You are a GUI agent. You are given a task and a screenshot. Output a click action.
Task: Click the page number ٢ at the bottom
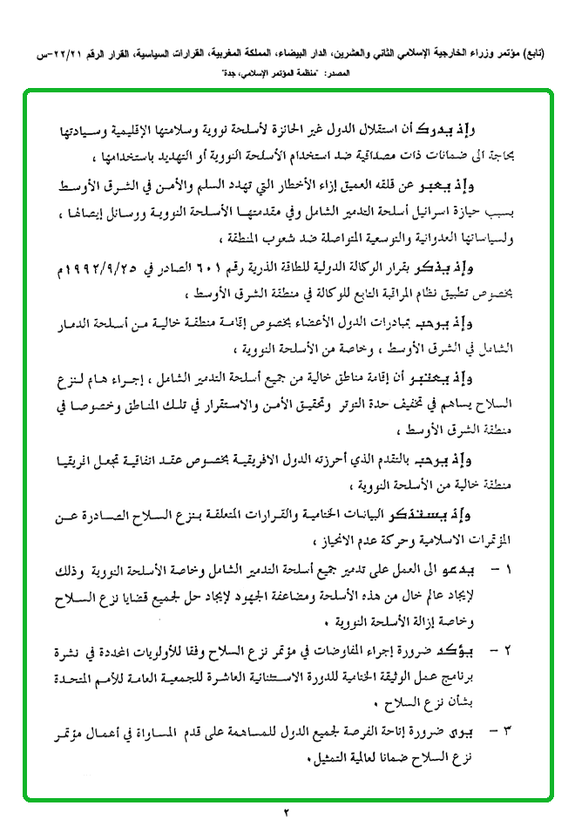(287, 814)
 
